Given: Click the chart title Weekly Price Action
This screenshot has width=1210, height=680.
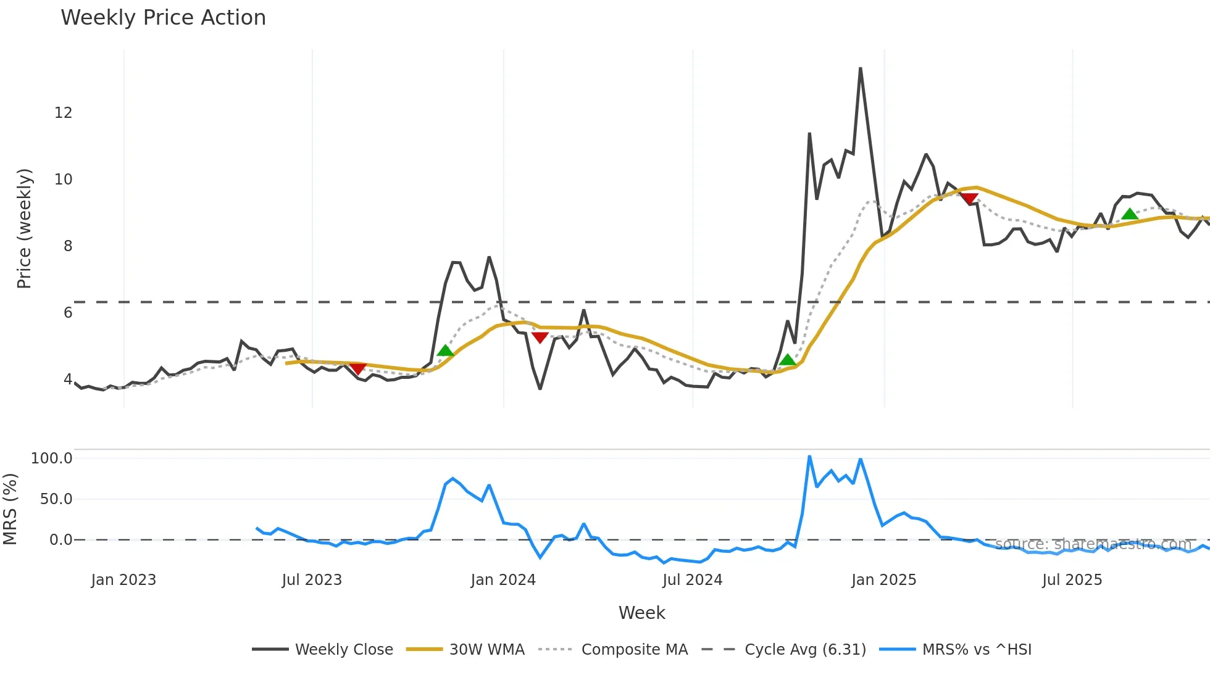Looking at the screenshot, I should (x=163, y=18).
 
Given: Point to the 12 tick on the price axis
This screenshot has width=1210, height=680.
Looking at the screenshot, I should (x=63, y=113).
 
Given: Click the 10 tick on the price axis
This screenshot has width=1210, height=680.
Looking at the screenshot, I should (x=63, y=180).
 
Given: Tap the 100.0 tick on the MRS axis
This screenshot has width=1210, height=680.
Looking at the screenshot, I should (x=52, y=458).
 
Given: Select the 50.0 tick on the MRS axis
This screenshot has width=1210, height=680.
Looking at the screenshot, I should (x=56, y=499).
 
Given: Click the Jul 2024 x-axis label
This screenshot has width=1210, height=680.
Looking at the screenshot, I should (x=692, y=580).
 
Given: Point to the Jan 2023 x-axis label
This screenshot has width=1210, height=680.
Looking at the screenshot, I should (x=123, y=580).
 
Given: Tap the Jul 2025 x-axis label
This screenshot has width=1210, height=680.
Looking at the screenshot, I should (x=1072, y=580).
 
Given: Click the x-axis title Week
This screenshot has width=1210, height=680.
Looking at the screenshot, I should (x=641, y=613).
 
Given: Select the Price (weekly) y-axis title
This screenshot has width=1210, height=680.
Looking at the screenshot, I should (x=24, y=228).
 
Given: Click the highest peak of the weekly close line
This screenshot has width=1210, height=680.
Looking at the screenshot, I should (x=860, y=68).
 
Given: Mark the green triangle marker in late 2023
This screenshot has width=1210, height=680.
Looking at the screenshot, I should (x=445, y=351).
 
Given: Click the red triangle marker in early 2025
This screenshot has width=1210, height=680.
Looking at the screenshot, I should (x=970, y=199).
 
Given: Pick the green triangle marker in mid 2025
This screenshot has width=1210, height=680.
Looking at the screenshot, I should (x=1130, y=214).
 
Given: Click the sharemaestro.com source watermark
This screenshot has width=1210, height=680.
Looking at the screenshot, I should (x=1093, y=544).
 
